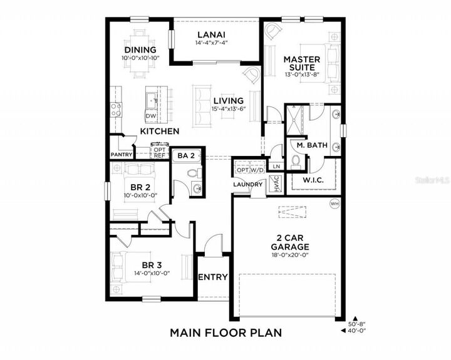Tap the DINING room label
click(140, 50)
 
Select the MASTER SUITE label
click(302, 63)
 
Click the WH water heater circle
click(334, 203)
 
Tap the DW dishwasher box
click(150, 116)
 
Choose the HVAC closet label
click(274, 183)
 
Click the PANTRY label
click(121, 154)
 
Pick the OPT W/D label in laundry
click(249, 170)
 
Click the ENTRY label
click(212, 277)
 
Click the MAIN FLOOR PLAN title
click(225, 332)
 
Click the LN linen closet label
click(276, 166)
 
